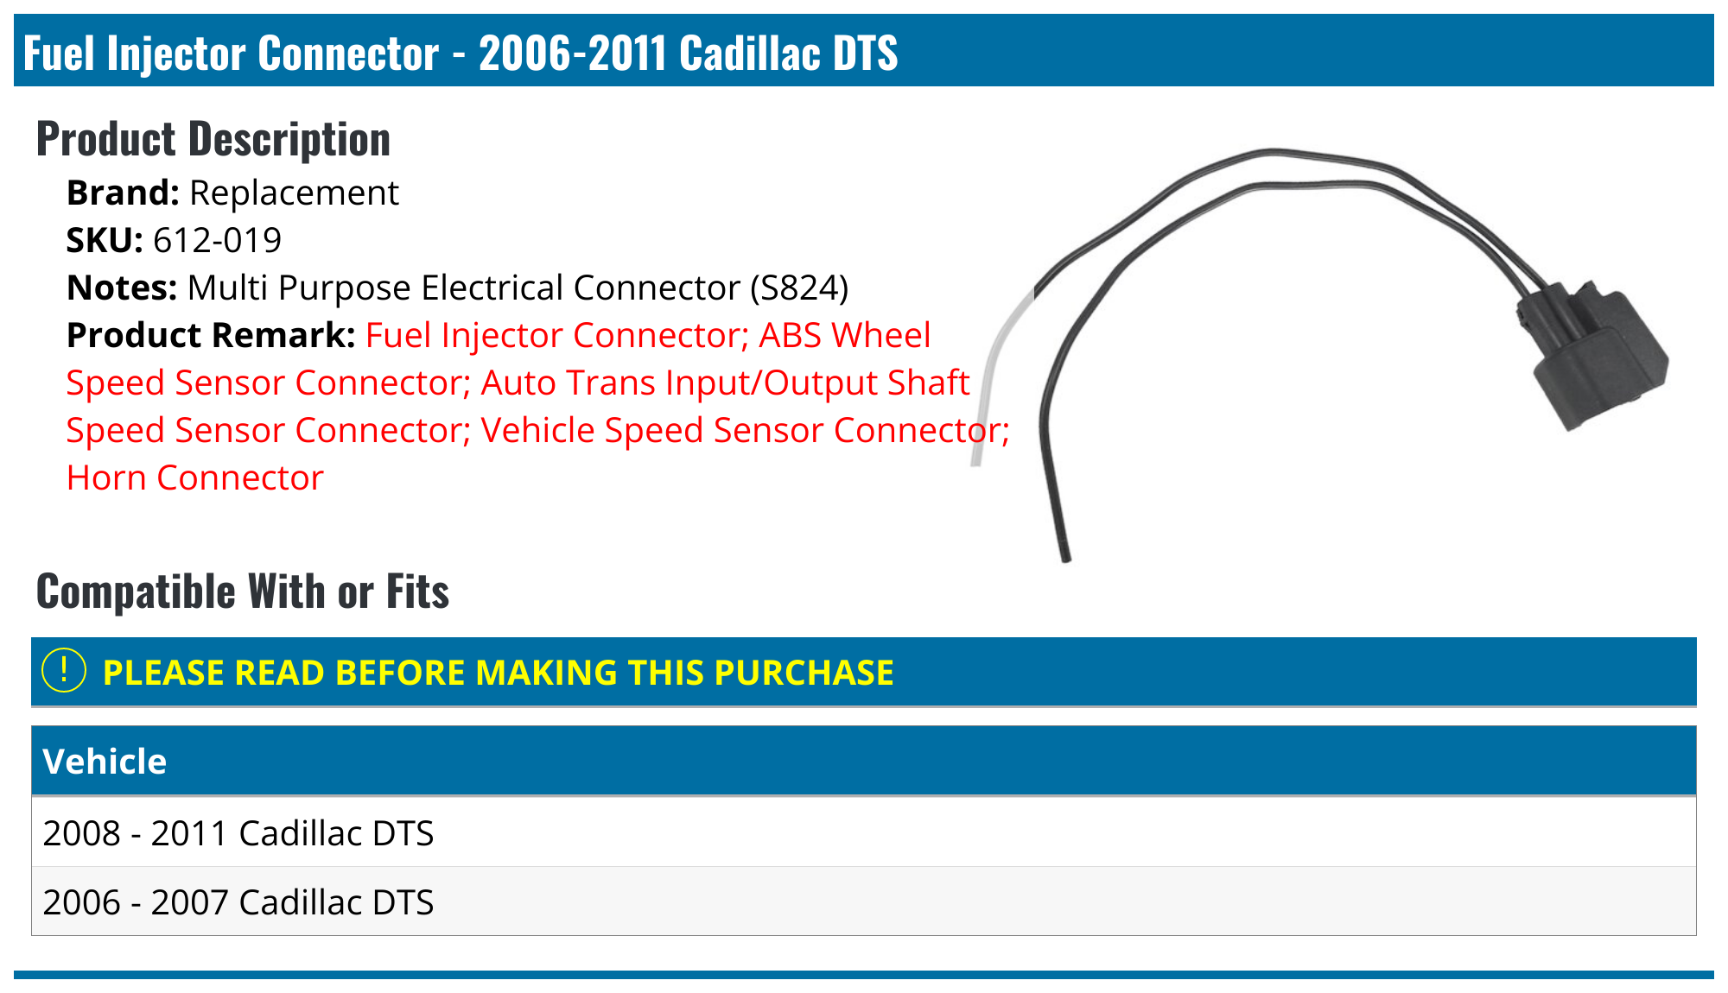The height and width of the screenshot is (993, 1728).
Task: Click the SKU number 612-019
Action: pyautogui.click(x=217, y=240)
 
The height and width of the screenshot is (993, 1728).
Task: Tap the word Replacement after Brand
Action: pyautogui.click(x=294, y=193)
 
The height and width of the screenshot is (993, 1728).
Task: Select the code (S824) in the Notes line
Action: pyautogui.click(x=798, y=288)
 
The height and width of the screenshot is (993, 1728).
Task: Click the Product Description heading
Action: pyautogui.click(x=213, y=139)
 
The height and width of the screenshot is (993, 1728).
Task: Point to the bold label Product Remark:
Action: pyautogui.click(x=211, y=335)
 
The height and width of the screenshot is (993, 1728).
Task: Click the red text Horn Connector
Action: pyautogui.click(x=195, y=478)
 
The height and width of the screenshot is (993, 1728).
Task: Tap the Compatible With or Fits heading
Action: pyautogui.click(x=243, y=591)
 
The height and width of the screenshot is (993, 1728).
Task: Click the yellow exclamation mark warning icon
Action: pyautogui.click(x=64, y=671)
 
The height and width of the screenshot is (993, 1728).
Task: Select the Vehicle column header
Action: pyautogui.click(x=105, y=762)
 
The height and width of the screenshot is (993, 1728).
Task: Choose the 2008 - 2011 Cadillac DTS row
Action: pyautogui.click(x=238, y=833)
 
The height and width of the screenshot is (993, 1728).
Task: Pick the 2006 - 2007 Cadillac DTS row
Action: pyautogui.click(x=238, y=902)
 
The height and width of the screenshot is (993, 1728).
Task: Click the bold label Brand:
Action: pyautogui.click(x=123, y=193)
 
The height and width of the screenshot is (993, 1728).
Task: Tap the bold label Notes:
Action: pyautogui.click(x=122, y=288)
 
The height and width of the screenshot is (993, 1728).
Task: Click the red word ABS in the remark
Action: pyautogui.click(x=789, y=335)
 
